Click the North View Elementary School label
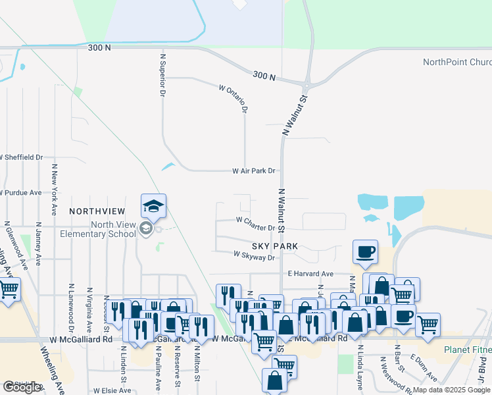[97, 228]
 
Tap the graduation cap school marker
[153, 206]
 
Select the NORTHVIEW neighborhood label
[97, 211]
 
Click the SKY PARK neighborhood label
[273, 246]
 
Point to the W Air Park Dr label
[253, 171]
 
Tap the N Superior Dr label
[162, 74]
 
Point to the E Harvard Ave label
[310, 273]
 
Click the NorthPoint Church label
[456, 63]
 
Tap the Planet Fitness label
[467, 349]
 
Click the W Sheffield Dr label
[21, 157]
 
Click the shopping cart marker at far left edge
[9, 289]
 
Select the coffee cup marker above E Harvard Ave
[366, 251]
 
